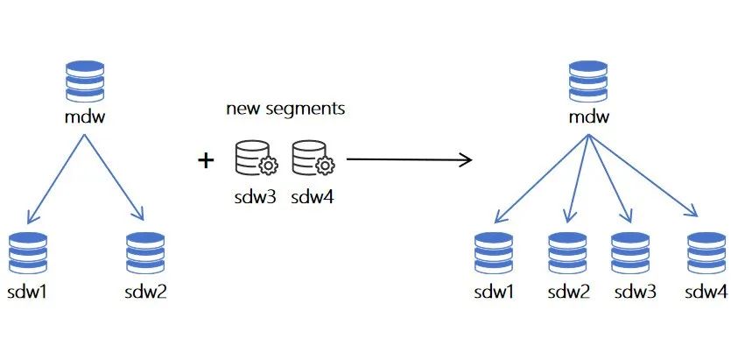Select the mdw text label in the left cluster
pyautogui.click(x=86, y=115)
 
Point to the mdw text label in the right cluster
pyautogui.click(x=588, y=115)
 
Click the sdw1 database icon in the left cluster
pyautogui.click(x=26, y=253)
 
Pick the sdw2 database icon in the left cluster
pyautogui.click(x=145, y=253)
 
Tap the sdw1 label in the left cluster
pyautogui.click(x=26, y=290)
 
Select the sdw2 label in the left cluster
pyautogui.click(x=145, y=290)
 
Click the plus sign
pyautogui.click(x=206, y=160)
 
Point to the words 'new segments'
pyautogui.click(x=285, y=109)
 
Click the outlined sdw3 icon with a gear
pyautogui.click(x=255, y=159)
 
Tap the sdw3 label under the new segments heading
pyautogui.click(x=255, y=196)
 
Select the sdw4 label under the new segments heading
pyautogui.click(x=313, y=196)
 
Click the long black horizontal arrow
pyautogui.click(x=409, y=159)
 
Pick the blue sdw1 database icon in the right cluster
pyautogui.click(x=495, y=253)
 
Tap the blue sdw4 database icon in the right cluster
pyautogui.click(x=707, y=253)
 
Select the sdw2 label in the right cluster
pyautogui.click(x=569, y=290)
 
